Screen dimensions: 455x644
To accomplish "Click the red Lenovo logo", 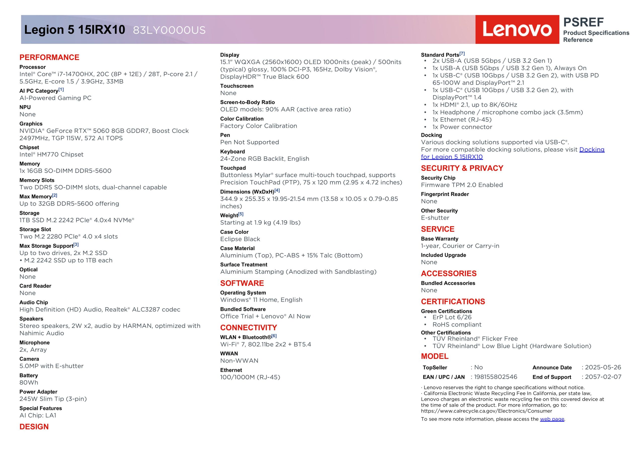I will [x=517, y=29].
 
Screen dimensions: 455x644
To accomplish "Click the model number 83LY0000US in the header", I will [x=169, y=30].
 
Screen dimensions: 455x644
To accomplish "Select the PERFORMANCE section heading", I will [x=49, y=57].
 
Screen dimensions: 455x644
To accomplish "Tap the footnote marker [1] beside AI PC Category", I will [x=61, y=90].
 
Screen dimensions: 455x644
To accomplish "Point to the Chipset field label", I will [x=29, y=147].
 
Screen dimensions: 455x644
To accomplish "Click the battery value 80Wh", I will [x=29, y=382].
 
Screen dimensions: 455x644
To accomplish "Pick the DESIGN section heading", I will [x=34, y=427].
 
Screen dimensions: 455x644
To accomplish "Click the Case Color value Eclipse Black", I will [x=240, y=239].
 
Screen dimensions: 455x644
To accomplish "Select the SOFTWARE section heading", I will [x=242, y=283].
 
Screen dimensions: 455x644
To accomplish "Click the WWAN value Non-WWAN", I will [x=239, y=360].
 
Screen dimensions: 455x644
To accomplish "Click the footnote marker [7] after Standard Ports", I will [x=462, y=53].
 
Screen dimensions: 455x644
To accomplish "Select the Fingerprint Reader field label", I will [x=445, y=194].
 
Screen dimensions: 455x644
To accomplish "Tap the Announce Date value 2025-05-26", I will [x=603, y=367].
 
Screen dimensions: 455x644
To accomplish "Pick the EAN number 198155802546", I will [x=495, y=377].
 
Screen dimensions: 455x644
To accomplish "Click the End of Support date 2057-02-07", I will [x=603, y=377].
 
